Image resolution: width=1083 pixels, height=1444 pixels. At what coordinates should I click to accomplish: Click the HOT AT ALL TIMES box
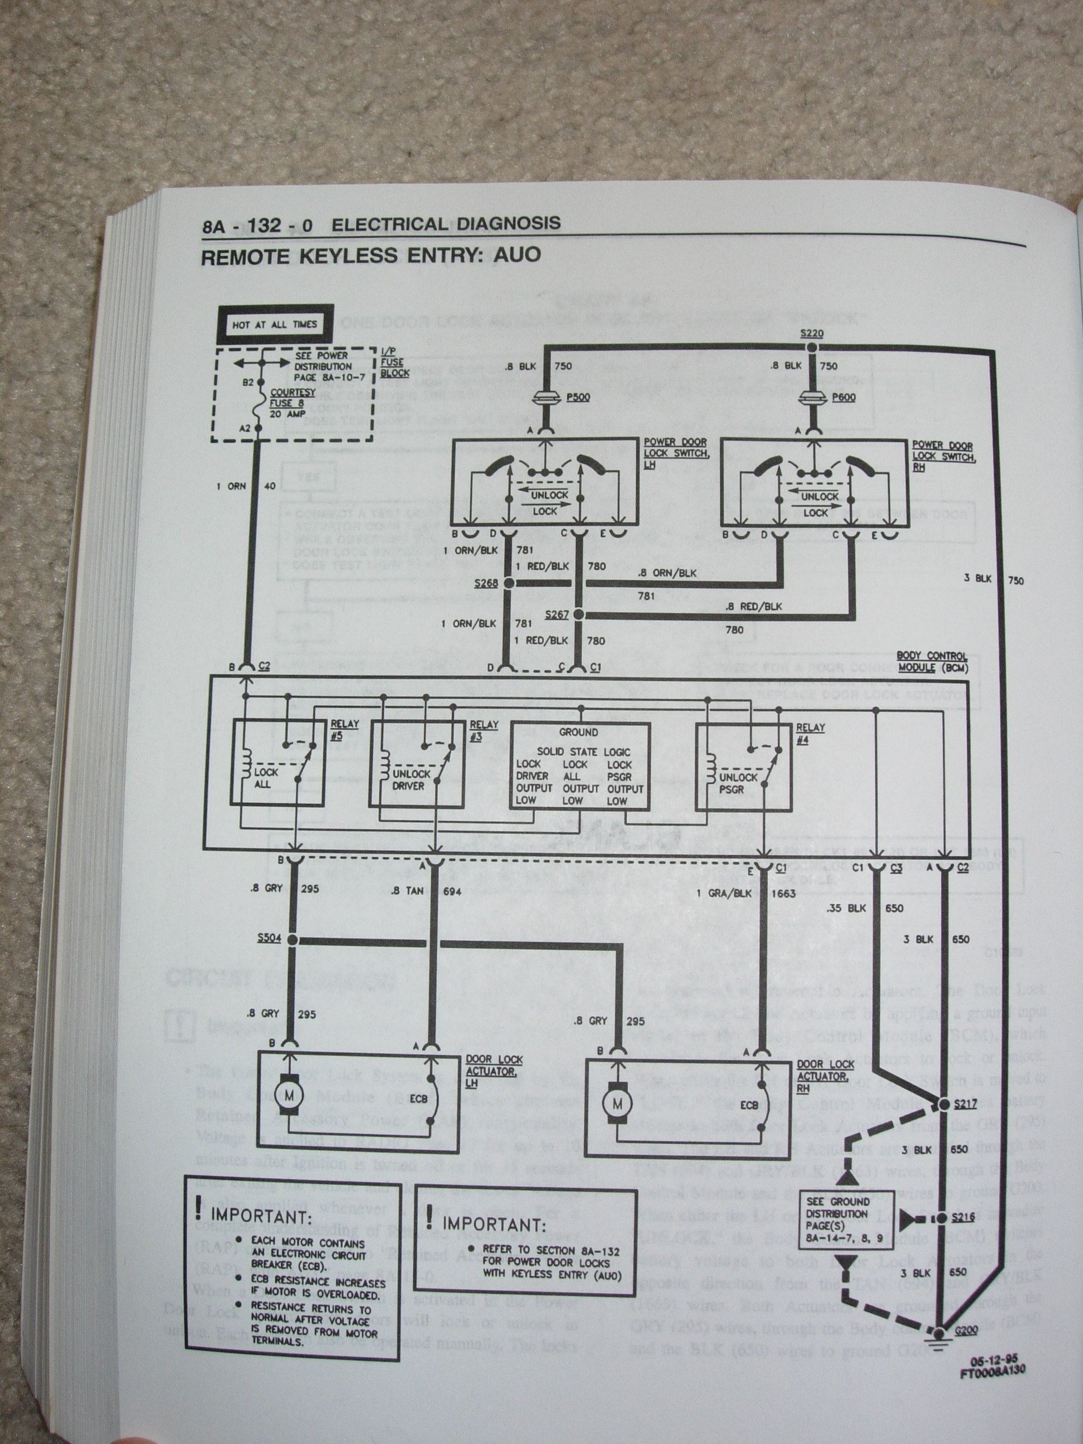click(274, 324)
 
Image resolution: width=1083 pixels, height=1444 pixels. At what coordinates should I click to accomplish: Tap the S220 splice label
click(812, 334)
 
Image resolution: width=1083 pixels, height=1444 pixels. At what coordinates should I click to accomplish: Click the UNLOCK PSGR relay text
click(738, 784)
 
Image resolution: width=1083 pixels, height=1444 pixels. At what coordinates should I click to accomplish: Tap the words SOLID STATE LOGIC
click(578, 752)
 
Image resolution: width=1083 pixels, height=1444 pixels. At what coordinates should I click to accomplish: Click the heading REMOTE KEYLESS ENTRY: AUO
click(371, 255)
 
